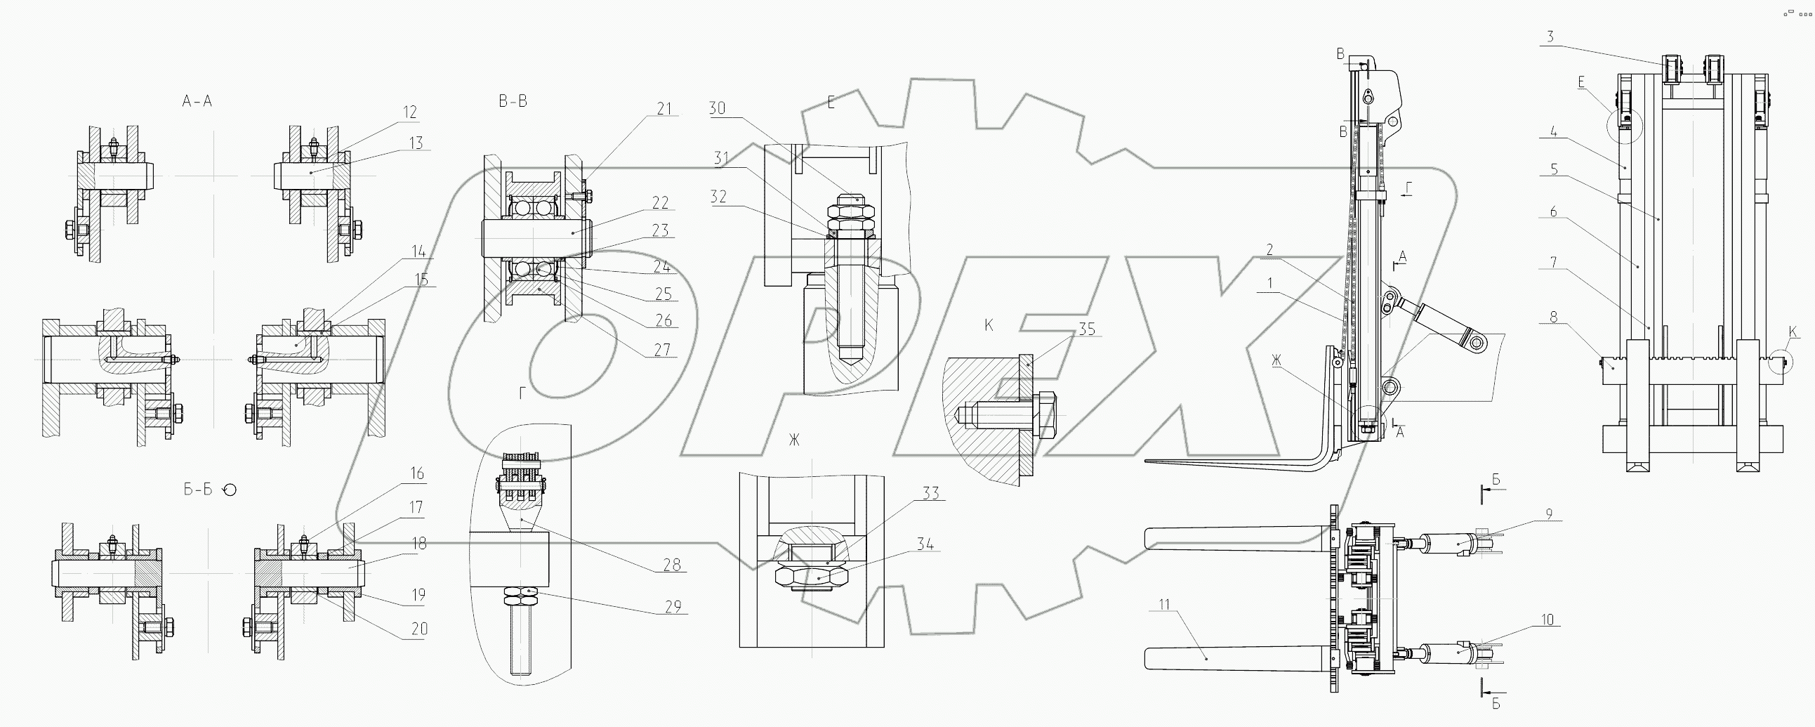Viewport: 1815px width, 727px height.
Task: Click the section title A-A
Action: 197,102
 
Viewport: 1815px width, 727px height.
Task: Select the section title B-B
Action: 513,102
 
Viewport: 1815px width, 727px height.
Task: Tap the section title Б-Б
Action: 198,490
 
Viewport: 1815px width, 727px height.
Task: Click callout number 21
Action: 664,109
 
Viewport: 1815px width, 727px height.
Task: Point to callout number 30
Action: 718,108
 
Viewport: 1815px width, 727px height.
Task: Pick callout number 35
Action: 1087,329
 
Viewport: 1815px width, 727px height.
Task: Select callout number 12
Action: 410,112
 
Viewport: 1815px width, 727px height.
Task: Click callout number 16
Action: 417,473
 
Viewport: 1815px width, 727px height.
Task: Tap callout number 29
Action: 673,606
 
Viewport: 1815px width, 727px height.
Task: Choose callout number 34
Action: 925,544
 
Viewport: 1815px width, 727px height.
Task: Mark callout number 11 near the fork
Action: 1163,604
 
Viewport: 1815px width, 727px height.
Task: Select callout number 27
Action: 661,350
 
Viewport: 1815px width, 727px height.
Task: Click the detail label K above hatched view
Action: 989,325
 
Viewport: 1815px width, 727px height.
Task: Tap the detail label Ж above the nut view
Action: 794,440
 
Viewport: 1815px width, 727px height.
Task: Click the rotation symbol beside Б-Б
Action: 230,490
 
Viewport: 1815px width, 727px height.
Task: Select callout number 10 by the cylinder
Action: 1547,620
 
